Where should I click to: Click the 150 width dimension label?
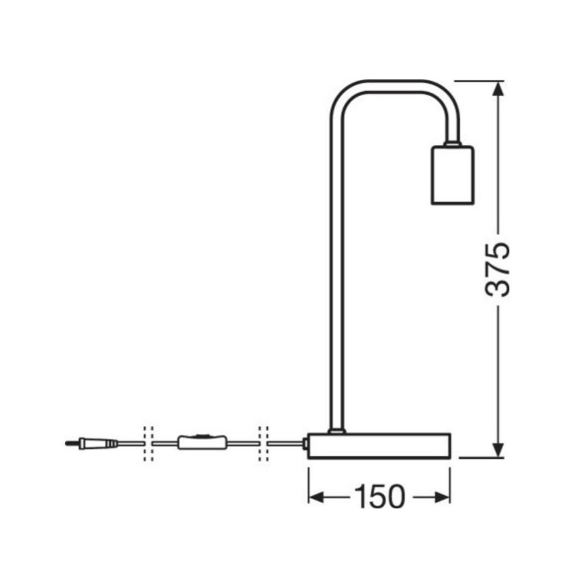click(x=379, y=497)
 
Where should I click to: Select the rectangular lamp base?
click(x=379, y=445)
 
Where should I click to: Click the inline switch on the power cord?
click(x=201, y=443)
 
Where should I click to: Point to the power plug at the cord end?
click(x=97, y=443)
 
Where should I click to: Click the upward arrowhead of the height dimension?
click(x=498, y=90)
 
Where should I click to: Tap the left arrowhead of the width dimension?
click(x=317, y=497)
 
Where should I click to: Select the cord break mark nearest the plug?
click(x=148, y=443)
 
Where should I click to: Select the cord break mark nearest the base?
click(x=263, y=443)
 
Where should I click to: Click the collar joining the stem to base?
click(x=336, y=430)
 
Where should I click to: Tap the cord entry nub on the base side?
click(x=306, y=443)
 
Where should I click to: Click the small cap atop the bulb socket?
click(x=452, y=143)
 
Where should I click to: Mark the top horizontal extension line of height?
click(x=480, y=81)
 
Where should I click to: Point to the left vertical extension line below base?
click(x=309, y=484)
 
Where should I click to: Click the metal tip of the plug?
click(x=70, y=443)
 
